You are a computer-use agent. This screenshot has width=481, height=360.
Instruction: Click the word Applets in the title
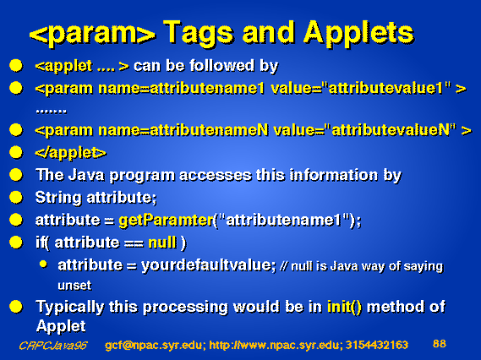[358, 34]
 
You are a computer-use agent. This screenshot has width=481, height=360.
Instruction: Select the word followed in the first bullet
[221, 66]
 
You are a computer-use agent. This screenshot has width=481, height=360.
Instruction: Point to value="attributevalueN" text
[364, 130]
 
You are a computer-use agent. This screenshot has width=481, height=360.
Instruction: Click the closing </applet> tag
[70, 153]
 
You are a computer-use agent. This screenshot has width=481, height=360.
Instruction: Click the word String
[58, 198]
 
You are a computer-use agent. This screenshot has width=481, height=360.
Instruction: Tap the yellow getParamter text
[166, 221]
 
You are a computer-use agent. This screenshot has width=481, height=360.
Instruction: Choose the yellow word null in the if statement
[162, 243]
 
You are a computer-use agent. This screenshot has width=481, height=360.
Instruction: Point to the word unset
[74, 286]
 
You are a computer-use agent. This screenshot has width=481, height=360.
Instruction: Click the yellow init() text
[345, 307]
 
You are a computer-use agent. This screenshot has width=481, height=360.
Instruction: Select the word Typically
[69, 308]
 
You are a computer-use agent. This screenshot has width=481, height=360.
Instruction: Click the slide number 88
[440, 343]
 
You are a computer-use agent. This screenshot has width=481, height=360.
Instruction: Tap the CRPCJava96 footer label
[53, 346]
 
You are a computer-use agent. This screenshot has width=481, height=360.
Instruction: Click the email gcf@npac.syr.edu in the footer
[154, 346]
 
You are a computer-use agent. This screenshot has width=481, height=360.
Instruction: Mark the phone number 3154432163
[377, 345]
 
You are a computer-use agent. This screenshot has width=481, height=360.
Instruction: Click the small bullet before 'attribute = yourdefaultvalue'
[43, 265]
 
